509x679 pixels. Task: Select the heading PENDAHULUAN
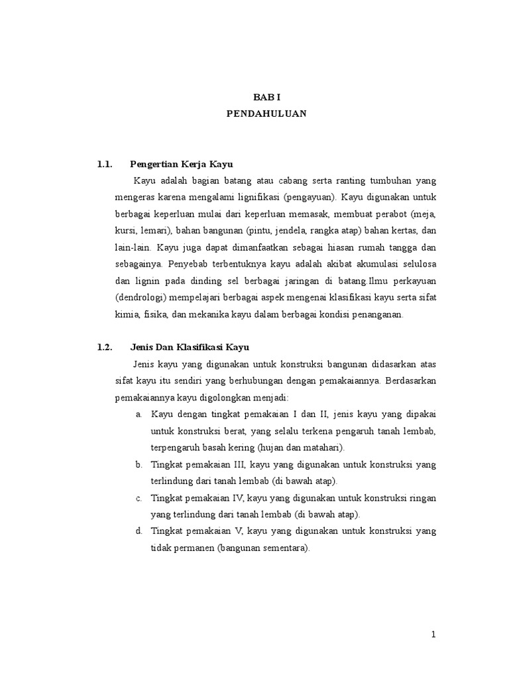tap(266, 113)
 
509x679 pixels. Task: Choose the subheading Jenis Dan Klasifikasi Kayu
tap(190, 347)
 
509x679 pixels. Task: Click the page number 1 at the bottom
tap(433, 635)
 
